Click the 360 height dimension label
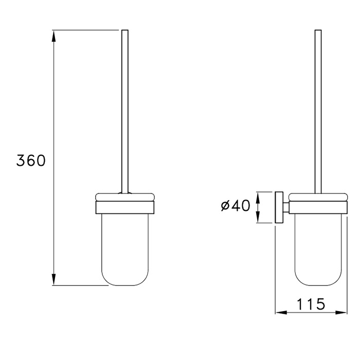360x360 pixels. [x=31, y=160]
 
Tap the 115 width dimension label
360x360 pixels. [x=311, y=304]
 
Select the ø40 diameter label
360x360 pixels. [x=236, y=205]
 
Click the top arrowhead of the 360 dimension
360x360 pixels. [x=53, y=35]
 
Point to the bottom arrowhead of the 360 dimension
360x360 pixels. [x=53, y=280]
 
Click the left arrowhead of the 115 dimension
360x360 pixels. [x=281, y=312]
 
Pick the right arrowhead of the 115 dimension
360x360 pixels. [x=341, y=312]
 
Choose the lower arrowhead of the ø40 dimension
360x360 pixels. [x=258, y=217]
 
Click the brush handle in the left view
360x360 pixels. [x=124, y=112]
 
